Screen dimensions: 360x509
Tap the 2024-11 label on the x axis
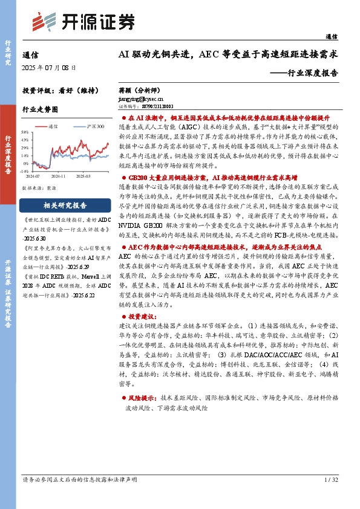(59, 176)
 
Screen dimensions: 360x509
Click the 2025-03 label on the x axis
(82, 176)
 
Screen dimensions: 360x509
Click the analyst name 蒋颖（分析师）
(141, 89)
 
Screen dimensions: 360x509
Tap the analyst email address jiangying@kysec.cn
(139, 97)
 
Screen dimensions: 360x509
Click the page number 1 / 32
(331, 479)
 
